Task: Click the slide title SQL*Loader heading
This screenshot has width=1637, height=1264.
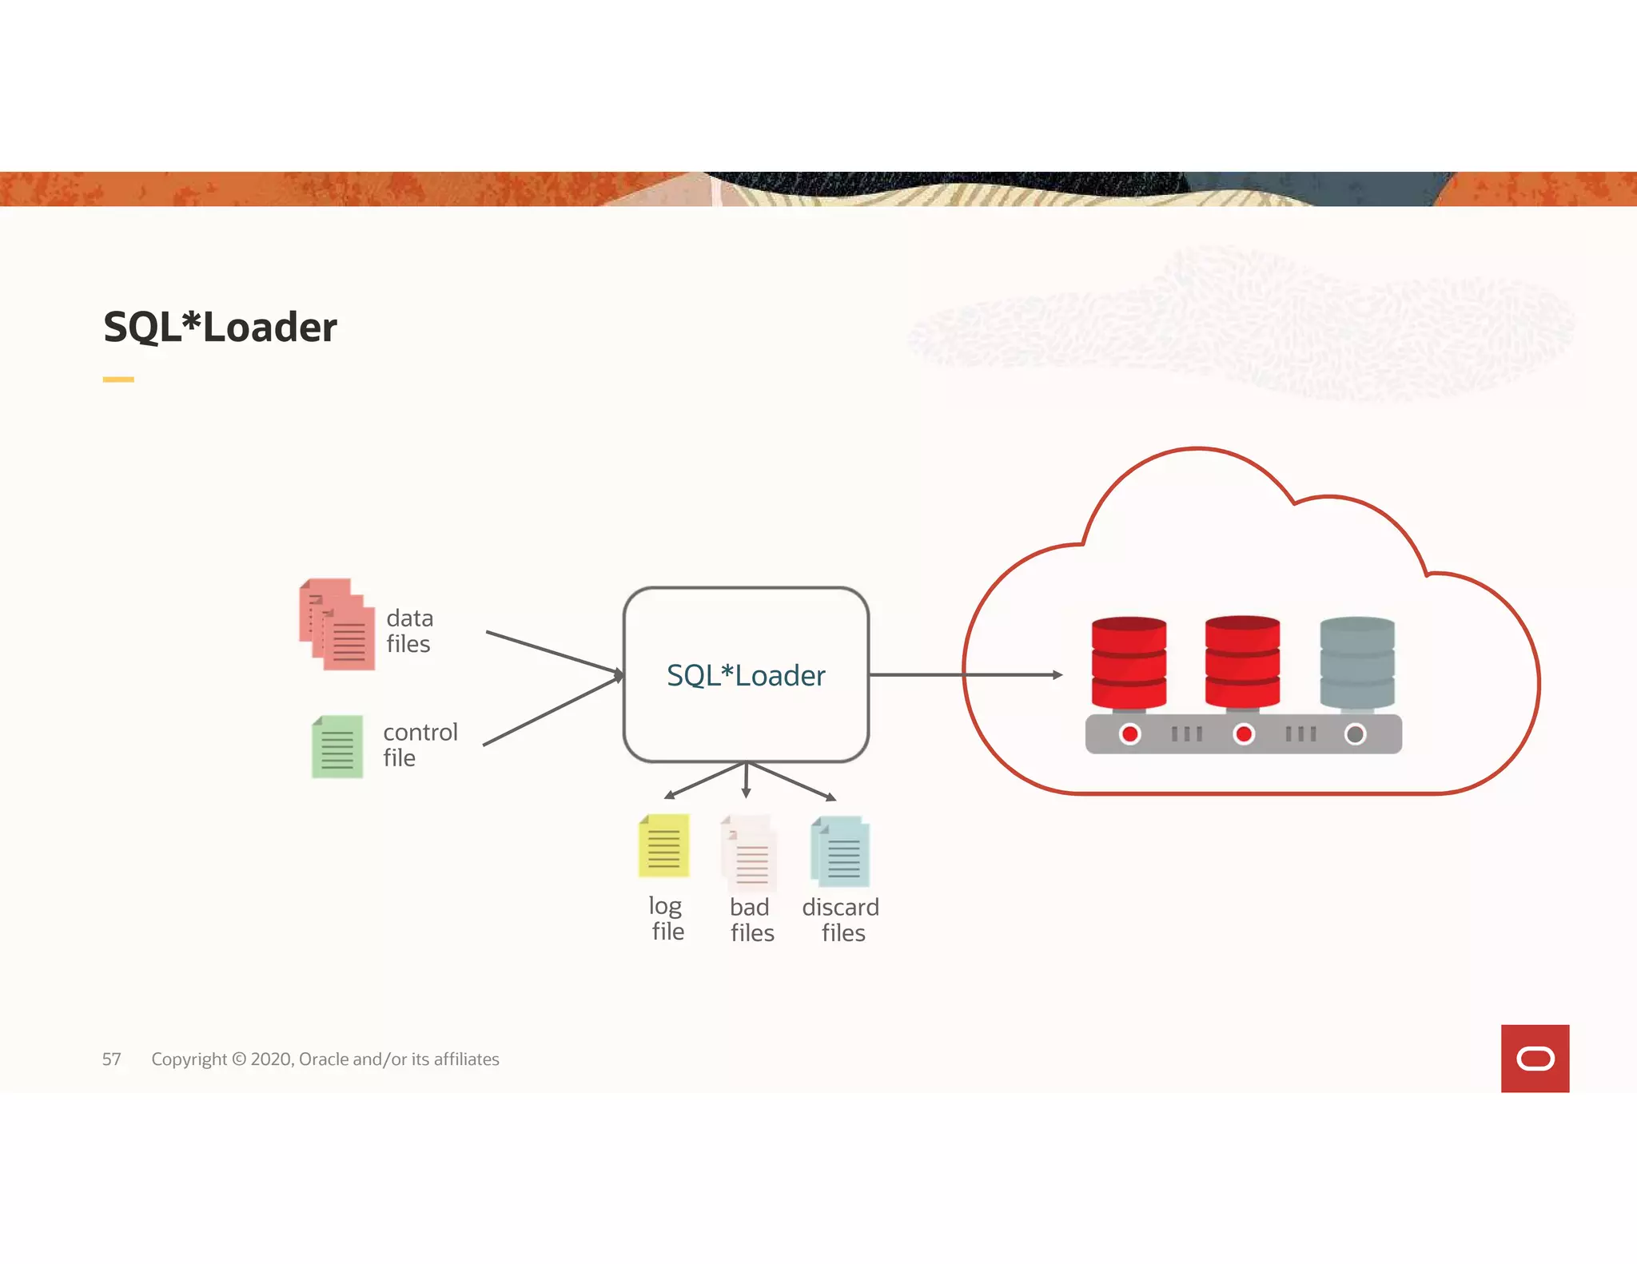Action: coord(220,328)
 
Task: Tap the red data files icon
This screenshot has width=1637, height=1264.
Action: coord(337,625)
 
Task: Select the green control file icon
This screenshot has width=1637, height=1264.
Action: coord(337,746)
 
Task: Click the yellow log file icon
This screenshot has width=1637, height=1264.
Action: coord(663,845)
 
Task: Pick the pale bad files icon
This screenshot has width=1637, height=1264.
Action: coord(749,853)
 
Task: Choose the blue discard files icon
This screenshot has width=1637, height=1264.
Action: coord(840,852)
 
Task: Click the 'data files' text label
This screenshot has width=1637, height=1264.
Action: coord(409,631)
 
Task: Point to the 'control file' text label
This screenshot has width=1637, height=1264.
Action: coord(420,745)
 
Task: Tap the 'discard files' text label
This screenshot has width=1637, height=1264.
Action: coord(841,920)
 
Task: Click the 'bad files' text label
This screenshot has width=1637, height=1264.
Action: coord(751,920)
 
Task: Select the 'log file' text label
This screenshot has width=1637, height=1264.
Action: coord(667,918)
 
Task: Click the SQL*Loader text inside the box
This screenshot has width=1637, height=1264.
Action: coord(746,676)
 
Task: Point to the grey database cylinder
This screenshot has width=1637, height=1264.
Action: coord(1357,662)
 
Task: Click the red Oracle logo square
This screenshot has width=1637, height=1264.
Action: coord(1535,1058)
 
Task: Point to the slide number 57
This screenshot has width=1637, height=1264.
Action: coord(112,1059)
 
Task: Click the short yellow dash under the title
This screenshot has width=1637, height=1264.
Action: coord(118,380)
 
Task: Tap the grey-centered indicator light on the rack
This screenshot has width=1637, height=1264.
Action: coord(1355,733)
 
